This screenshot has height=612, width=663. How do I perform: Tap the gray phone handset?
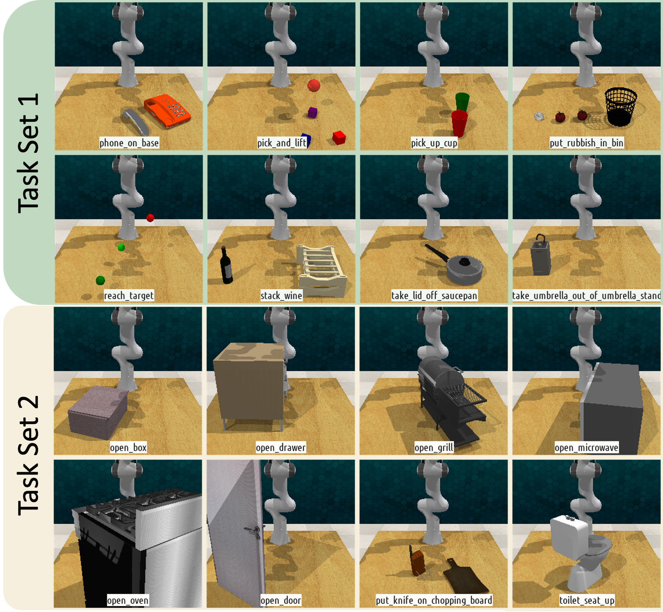tap(135, 121)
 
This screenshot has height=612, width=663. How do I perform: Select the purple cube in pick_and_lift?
tap(313, 112)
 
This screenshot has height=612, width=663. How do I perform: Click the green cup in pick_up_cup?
tap(462, 102)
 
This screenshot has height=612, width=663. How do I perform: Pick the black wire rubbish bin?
tap(620, 107)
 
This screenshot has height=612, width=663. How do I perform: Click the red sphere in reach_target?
tap(150, 218)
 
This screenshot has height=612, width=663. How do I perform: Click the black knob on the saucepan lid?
tap(464, 262)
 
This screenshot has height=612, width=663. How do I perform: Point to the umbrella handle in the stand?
tap(541, 238)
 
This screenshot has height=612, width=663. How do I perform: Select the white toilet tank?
tap(569, 537)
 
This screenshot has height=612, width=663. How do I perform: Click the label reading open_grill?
tap(434, 448)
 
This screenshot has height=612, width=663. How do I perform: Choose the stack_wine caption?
tap(281, 295)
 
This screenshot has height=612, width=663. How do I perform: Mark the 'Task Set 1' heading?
tap(28, 153)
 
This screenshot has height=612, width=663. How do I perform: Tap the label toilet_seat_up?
tap(586, 600)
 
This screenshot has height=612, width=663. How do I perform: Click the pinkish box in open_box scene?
tap(98, 412)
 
